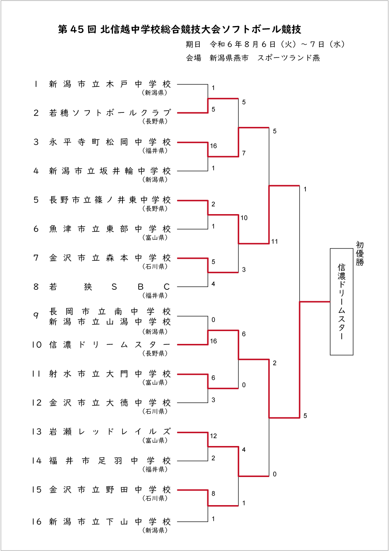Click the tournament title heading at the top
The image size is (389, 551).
coord(180,29)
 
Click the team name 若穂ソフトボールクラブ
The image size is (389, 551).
coord(110,113)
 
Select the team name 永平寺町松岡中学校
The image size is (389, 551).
coord(110,142)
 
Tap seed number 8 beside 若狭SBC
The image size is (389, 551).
coord(36,287)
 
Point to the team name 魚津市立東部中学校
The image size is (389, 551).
coord(110,229)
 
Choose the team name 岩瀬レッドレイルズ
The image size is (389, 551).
coord(110,432)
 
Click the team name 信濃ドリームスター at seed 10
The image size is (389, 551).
coord(110,345)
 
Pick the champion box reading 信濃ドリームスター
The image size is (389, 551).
coord(341,302)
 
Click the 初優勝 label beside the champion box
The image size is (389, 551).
coord(360,253)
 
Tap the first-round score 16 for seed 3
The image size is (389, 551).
coord(213,146)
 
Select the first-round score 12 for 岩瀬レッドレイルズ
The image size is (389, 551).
coord(213,436)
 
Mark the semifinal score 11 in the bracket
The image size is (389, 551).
coord(274,241)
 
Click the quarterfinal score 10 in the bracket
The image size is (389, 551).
coord(244,218)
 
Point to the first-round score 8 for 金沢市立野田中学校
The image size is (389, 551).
coord(213,494)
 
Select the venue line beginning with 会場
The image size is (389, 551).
coord(252,58)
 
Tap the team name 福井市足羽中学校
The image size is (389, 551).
coord(110,461)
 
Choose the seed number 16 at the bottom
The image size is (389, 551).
coord(37,522)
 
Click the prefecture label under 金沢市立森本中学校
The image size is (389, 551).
coord(155,267)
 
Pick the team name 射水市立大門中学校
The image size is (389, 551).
coord(110,374)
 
